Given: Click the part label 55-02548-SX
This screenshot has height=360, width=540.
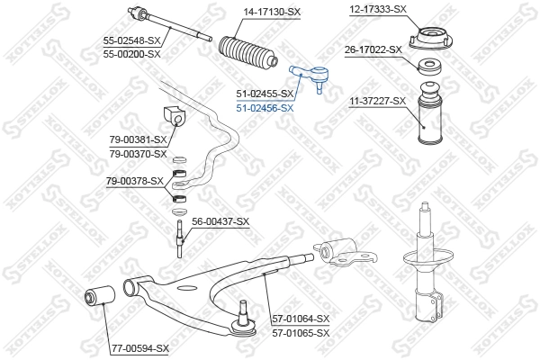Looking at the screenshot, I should (x=131, y=41).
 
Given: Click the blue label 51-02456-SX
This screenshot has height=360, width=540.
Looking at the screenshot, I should (x=265, y=107).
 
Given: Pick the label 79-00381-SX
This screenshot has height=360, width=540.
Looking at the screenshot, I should (x=138, y=139).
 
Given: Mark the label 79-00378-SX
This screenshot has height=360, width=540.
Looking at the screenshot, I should (x=135, y=180).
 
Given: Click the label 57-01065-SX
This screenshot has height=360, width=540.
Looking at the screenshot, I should (x=301, y=332).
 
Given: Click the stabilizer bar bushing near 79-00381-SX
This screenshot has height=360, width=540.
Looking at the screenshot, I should (x=175, y=116).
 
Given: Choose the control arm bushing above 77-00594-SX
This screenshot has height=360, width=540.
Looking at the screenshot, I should (x=99, y=295).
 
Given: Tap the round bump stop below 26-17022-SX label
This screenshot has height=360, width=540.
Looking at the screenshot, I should (x=431, y=68).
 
